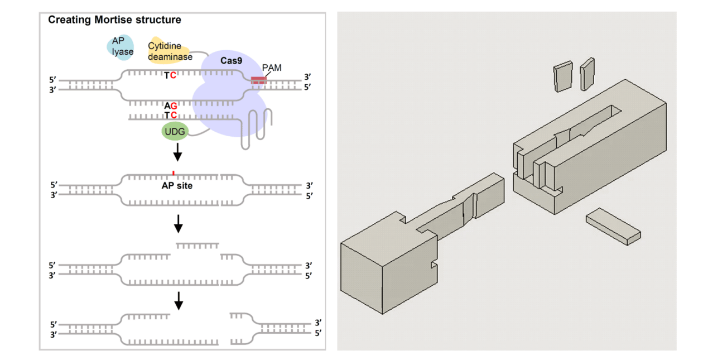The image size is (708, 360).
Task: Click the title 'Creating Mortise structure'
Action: click(x=114, y=20)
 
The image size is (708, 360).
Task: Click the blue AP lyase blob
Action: click(x=121, y=46)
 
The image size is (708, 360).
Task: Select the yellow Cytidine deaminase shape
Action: click(x=169, y=51)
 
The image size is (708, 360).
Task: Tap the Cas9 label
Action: click(x=231, y=61)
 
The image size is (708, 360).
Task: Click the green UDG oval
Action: click(x=175, y=131)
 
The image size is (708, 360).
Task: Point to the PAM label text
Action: click(x=272, y=68)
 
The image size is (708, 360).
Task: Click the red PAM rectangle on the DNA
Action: click(x=258, y=80)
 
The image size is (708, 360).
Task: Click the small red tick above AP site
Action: click(x=174, y=173)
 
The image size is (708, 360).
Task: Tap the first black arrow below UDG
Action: click(x=178, y=152)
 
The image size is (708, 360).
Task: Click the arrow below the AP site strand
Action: click(x=178, y=224)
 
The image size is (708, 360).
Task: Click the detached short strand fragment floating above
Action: click(x=198, y=245)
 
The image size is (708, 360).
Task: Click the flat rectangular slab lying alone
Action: click(x=613, y=225)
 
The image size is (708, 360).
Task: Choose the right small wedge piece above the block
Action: click(x=587, y=74)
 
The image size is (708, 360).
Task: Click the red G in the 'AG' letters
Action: click(x=174, y=105)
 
